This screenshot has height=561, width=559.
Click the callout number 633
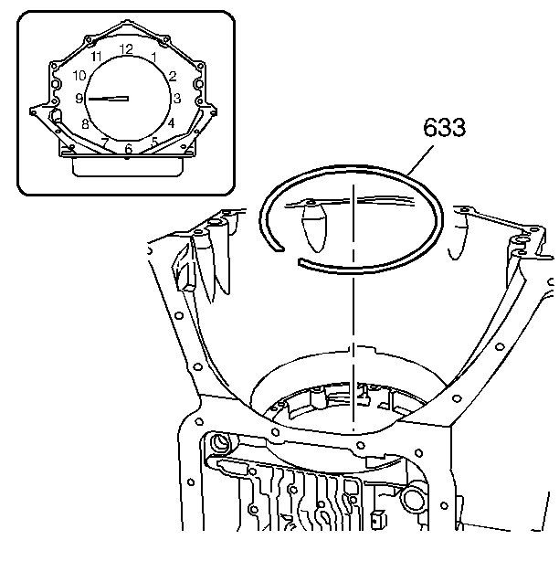click(x=445, y=127)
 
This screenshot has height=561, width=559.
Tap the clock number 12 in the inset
click(x=126, y=49)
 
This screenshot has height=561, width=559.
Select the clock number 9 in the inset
click(x=79, y=99)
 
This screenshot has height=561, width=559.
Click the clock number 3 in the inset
click(x=177, y=98)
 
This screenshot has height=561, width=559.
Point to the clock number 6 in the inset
click(x=129, y=149)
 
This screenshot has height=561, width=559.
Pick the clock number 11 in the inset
click(x=96, y=56)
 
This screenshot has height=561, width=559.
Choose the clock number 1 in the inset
click(x=154, y=57)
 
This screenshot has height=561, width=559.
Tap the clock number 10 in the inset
click(x=79, y=76)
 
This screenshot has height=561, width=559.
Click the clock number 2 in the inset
click(x=173, y=76)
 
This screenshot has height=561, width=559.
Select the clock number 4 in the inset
click(x=172, y=123)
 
